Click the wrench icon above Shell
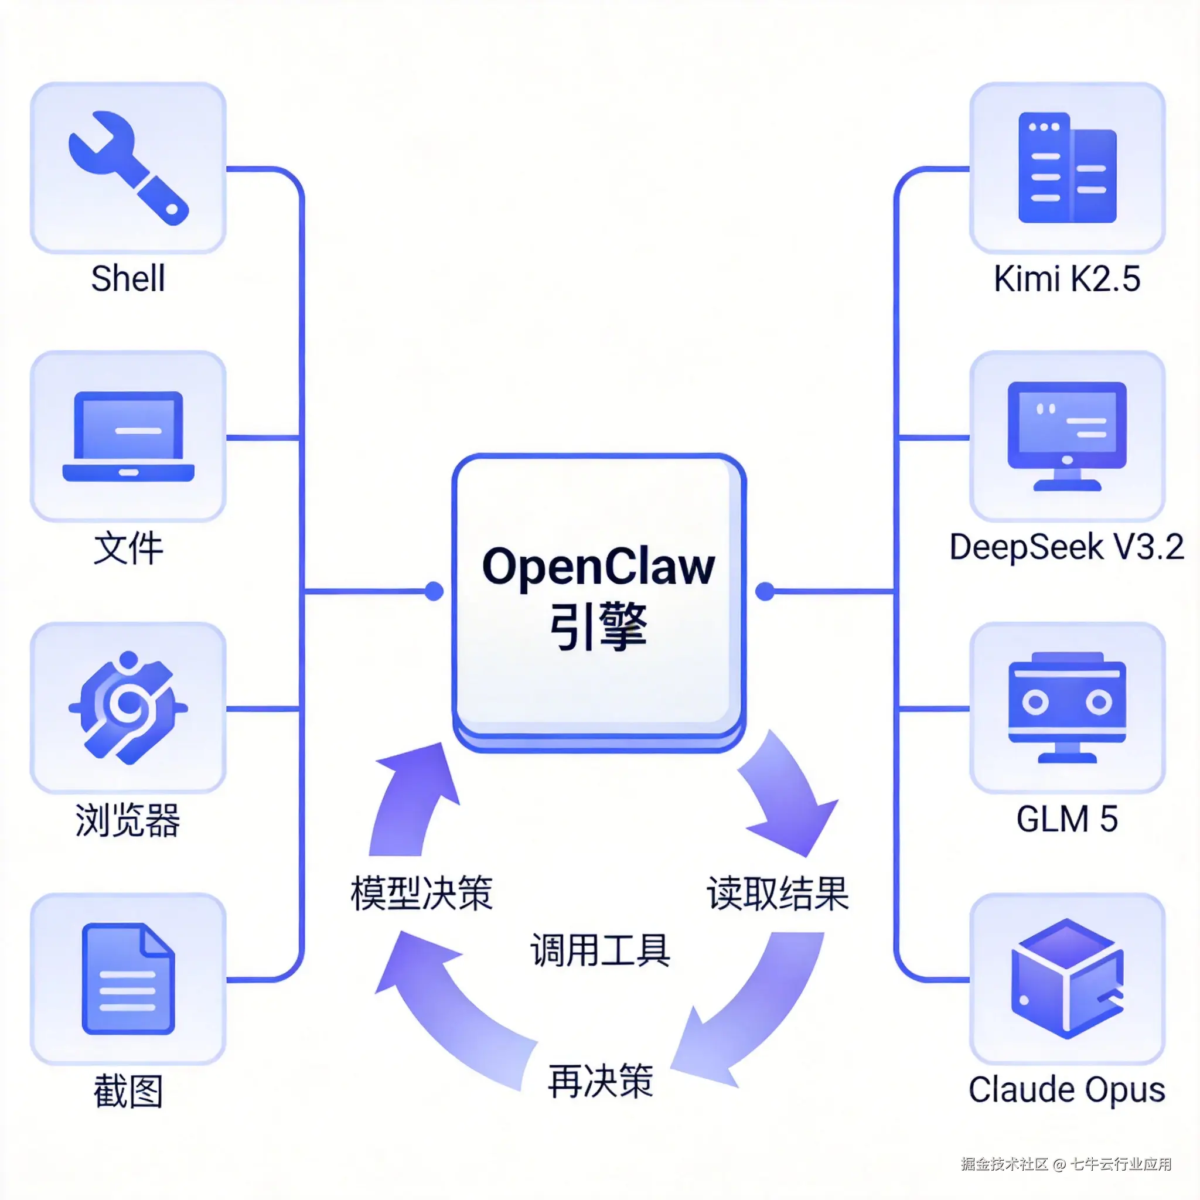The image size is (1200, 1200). click(128, 168)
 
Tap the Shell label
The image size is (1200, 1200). click(128, 278)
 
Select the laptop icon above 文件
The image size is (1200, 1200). click(128, 437)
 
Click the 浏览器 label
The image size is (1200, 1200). click(128, 820)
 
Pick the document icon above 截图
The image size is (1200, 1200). click(128, 979)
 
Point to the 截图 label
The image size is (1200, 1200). click(128, 1091)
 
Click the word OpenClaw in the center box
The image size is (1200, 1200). click(599, 567)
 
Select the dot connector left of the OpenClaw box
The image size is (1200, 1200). click(434, 591)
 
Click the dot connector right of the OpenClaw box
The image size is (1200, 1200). click(765, 591)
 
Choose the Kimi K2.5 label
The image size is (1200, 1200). click(1066, 278)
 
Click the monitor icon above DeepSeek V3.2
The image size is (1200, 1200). click(1066, 435)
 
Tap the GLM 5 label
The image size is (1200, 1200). click(1066, 819)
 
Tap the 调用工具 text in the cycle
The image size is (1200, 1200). click(600, 950)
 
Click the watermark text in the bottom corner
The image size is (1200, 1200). click(1066, 1164)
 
